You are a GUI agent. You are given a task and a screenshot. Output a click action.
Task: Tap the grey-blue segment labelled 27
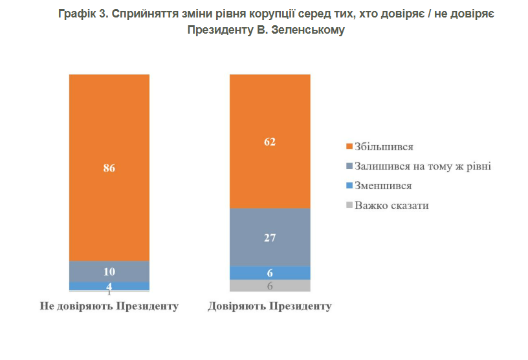270,237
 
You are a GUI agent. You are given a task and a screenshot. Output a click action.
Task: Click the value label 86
109,168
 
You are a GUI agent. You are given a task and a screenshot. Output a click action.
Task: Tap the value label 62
270,142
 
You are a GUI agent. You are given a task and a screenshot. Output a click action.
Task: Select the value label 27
270,238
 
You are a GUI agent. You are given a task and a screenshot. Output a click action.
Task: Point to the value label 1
109,293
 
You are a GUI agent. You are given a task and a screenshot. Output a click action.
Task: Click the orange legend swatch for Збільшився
350,147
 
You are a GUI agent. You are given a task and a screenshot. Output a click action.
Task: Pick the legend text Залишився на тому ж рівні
423,166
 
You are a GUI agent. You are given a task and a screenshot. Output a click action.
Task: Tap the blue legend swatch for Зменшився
350,186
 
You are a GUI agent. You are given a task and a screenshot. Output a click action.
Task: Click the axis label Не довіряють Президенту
109,306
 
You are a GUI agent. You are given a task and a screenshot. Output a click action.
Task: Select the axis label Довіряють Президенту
270,306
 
